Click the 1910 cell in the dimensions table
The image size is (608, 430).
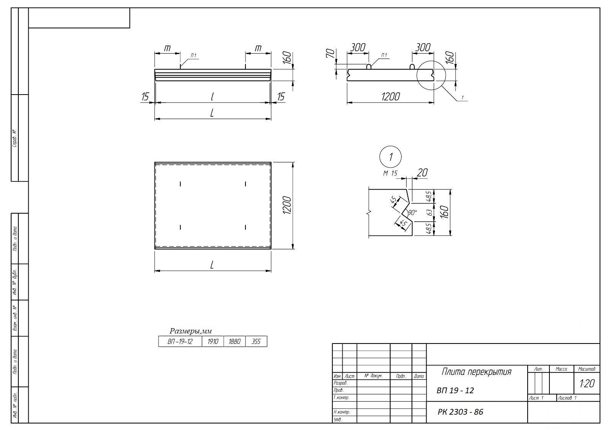(x=213, y=341)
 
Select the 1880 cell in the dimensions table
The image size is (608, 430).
(x=235, y=341)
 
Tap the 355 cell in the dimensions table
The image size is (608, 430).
(x=256, y=341)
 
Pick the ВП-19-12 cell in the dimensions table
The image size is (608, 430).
(x=180, y=341)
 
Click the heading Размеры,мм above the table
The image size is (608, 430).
(x=191, y=331)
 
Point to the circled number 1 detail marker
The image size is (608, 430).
(x=390, y=157)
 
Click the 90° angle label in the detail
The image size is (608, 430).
(x=412, y=212)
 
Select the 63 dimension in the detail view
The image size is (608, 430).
(x=430, y=212)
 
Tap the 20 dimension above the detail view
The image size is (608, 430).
(x=422, y=173)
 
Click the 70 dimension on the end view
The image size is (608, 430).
(x=330, y=53)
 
